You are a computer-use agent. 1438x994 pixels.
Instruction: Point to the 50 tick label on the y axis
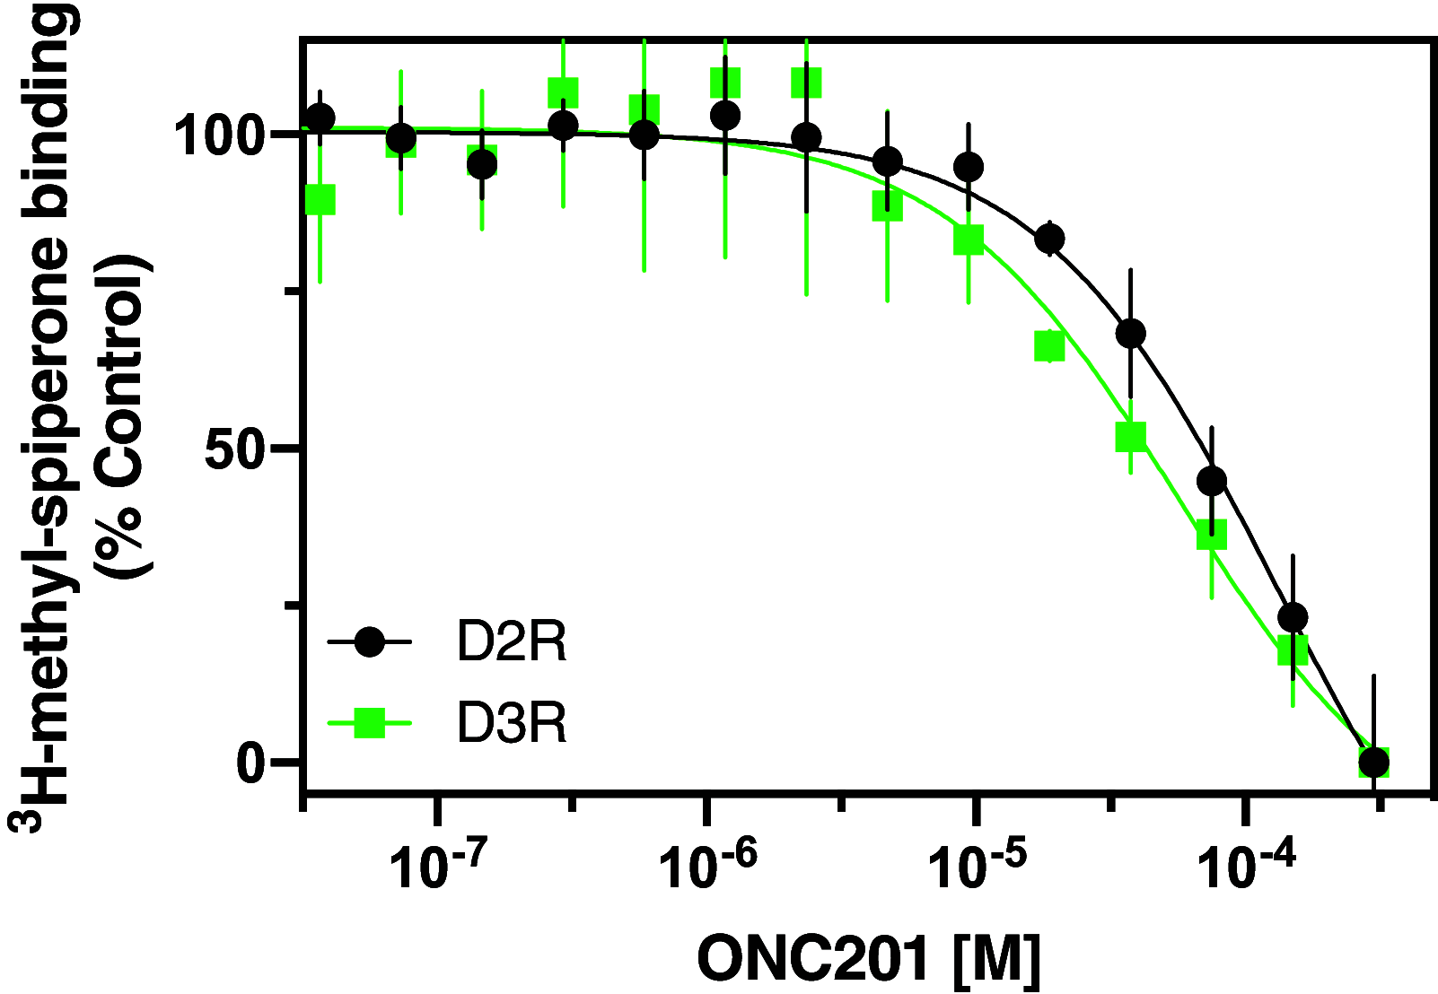coord(237,449)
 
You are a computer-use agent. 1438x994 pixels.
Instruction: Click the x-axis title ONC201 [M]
coord(868,959)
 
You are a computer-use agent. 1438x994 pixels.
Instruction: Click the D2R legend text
coord(512,642)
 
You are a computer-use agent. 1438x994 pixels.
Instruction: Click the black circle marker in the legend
coord(369,642)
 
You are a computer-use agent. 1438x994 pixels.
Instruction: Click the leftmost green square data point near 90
coord(320,199)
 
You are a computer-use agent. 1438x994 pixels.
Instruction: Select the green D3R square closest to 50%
coord(1131,437)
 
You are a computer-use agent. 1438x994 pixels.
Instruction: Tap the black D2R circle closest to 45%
coord(1212,481)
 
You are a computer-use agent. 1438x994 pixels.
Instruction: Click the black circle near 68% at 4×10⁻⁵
coord(1131,334)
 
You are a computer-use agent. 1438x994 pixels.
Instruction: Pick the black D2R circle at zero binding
coord(1373,763)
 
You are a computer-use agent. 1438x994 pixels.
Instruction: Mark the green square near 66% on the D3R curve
coord(1049,346)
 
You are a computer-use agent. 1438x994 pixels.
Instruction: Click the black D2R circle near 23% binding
coord(1293,617)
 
